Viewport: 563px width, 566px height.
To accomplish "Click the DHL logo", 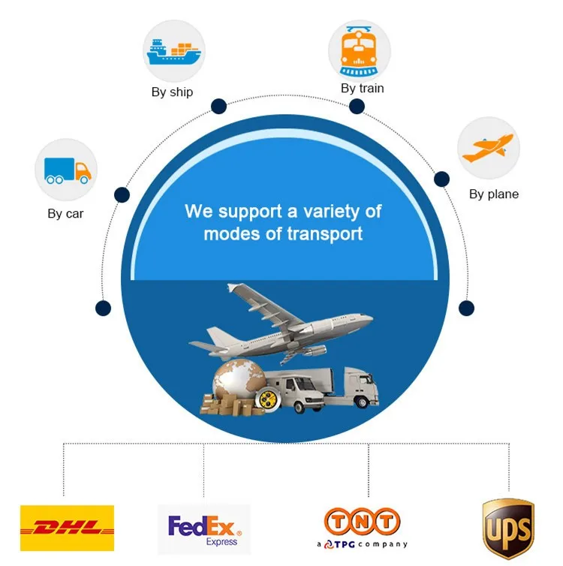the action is tap(67, 527).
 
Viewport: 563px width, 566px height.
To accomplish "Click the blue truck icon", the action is tap(67, 171).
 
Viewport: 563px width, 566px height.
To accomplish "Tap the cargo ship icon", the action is tap(173, 51).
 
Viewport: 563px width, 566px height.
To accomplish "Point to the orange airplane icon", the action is tap(488, 147).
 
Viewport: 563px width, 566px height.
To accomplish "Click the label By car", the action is tap(66, 214).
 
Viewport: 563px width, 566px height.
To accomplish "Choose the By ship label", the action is tap(172, 92).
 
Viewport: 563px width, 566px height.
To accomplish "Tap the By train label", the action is tap(362, 89).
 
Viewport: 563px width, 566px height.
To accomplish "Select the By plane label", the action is tap(494, 194).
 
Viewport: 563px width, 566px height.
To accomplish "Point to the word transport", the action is tap(325, 233).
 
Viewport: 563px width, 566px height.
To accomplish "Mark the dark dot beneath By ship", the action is tap(218, 107).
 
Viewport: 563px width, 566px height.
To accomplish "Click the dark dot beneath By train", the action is tap(357, 107).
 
